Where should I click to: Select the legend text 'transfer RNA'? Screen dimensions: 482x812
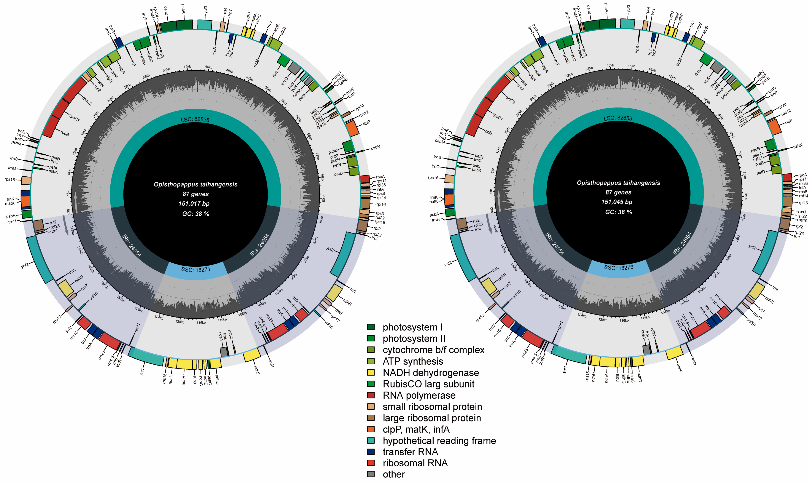pos(410,452)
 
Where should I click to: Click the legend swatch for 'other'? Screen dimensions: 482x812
pos(371,474)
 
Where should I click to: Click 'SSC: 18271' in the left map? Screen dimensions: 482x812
pos(196,270)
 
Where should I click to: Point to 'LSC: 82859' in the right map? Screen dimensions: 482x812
pos(618,118)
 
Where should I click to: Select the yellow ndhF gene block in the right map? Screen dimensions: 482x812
pos(674,353)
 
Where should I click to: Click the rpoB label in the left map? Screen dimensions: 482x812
pos(65,133)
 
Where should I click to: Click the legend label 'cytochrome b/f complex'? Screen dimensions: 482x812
pos(433,350)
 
